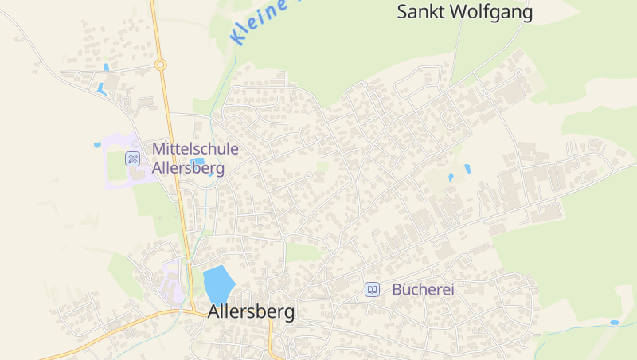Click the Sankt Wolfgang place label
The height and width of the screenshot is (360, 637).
(x=464, y=12)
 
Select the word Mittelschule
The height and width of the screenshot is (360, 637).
(x=195, y=149)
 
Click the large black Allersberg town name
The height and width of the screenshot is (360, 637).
(x=251, y=312)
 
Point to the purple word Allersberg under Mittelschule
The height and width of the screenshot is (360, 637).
(x=188, y=168)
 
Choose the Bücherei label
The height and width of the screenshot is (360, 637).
(x=423, y=290)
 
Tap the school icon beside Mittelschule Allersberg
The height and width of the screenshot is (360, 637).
(x=133, y=158)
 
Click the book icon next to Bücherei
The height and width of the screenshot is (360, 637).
(x=372, y=290)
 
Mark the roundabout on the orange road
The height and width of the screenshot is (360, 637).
(x=161, y=65)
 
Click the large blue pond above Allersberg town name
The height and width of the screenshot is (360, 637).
(x=218, y=284)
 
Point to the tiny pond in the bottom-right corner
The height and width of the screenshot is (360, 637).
(x=614, y=323)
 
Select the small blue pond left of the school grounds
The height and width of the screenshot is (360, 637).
(x=97, y=145)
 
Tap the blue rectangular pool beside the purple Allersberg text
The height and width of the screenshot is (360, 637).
(x=197, y=162)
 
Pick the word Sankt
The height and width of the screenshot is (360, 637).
(x=420, y=12)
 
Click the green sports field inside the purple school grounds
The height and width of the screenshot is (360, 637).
(x=116, y=167)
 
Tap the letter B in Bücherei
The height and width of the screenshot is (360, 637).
(x=397, y=290)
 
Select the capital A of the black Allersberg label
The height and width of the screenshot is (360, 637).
(x=214, y=312)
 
